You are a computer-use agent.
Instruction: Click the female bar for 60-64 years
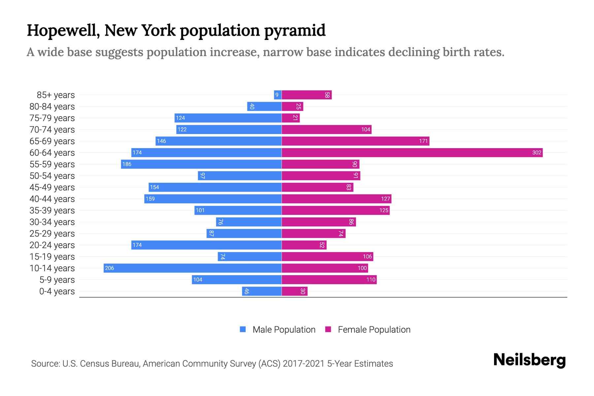(412, 152)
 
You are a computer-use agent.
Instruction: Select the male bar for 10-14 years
(192, 268)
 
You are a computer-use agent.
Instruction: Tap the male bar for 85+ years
(278, 95)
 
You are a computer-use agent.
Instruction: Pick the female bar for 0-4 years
(294, 291)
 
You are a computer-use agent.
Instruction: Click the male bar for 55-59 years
(201, 164)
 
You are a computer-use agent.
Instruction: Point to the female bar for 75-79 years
(290, 118)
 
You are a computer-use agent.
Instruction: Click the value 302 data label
(537, 152)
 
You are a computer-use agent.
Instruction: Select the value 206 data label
(109, 268)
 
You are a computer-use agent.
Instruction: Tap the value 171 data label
(423, 141)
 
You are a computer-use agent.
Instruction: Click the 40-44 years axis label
(52, 199)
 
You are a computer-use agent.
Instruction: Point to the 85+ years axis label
(56, 95)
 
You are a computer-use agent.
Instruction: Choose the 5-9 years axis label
(57, 280)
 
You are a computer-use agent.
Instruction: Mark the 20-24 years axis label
(52, 245)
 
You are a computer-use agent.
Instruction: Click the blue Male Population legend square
(243, 329)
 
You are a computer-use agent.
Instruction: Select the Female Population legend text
(374, 329)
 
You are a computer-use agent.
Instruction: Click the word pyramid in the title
(294, 30)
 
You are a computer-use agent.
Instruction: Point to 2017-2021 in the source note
(304, 364)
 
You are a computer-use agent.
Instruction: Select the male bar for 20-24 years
(206, 245)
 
